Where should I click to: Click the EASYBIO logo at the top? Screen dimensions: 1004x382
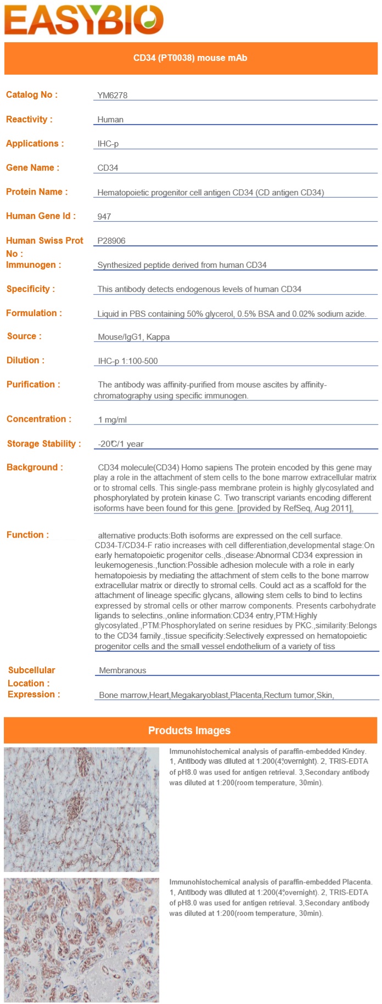tap(84, 20)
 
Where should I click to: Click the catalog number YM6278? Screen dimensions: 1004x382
tap(112, 95)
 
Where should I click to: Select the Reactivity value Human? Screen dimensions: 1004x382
tap(110, 120)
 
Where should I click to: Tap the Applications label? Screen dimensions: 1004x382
tap(35, 144)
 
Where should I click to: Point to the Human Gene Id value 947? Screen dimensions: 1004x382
tap(104, 217)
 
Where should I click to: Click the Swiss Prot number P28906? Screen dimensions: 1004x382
tap(111, 241)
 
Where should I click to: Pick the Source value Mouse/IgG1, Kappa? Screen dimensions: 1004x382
tap(133, 337)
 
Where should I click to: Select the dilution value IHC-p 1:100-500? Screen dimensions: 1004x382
tap(127, 361)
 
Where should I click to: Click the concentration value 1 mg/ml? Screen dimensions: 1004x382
tap(112, 420)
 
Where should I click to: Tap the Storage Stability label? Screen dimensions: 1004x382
tap(44, 444)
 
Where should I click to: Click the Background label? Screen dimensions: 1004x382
tap(35, 467)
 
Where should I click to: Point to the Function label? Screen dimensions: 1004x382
tap(27, 535)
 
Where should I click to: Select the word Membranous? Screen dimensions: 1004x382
tap(122, 670)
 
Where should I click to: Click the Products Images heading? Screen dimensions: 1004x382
tap(189, 731)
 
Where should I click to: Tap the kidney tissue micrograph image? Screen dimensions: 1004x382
tap(81, 809)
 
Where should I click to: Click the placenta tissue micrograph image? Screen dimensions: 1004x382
tap(81, 940)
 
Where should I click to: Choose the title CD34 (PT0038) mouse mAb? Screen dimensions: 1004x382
tap(190, 58)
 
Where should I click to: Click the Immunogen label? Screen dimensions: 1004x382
tap(33, 265)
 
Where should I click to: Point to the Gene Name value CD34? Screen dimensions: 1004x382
tap(108, 168)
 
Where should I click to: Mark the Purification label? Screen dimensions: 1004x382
tap(33, 385)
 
